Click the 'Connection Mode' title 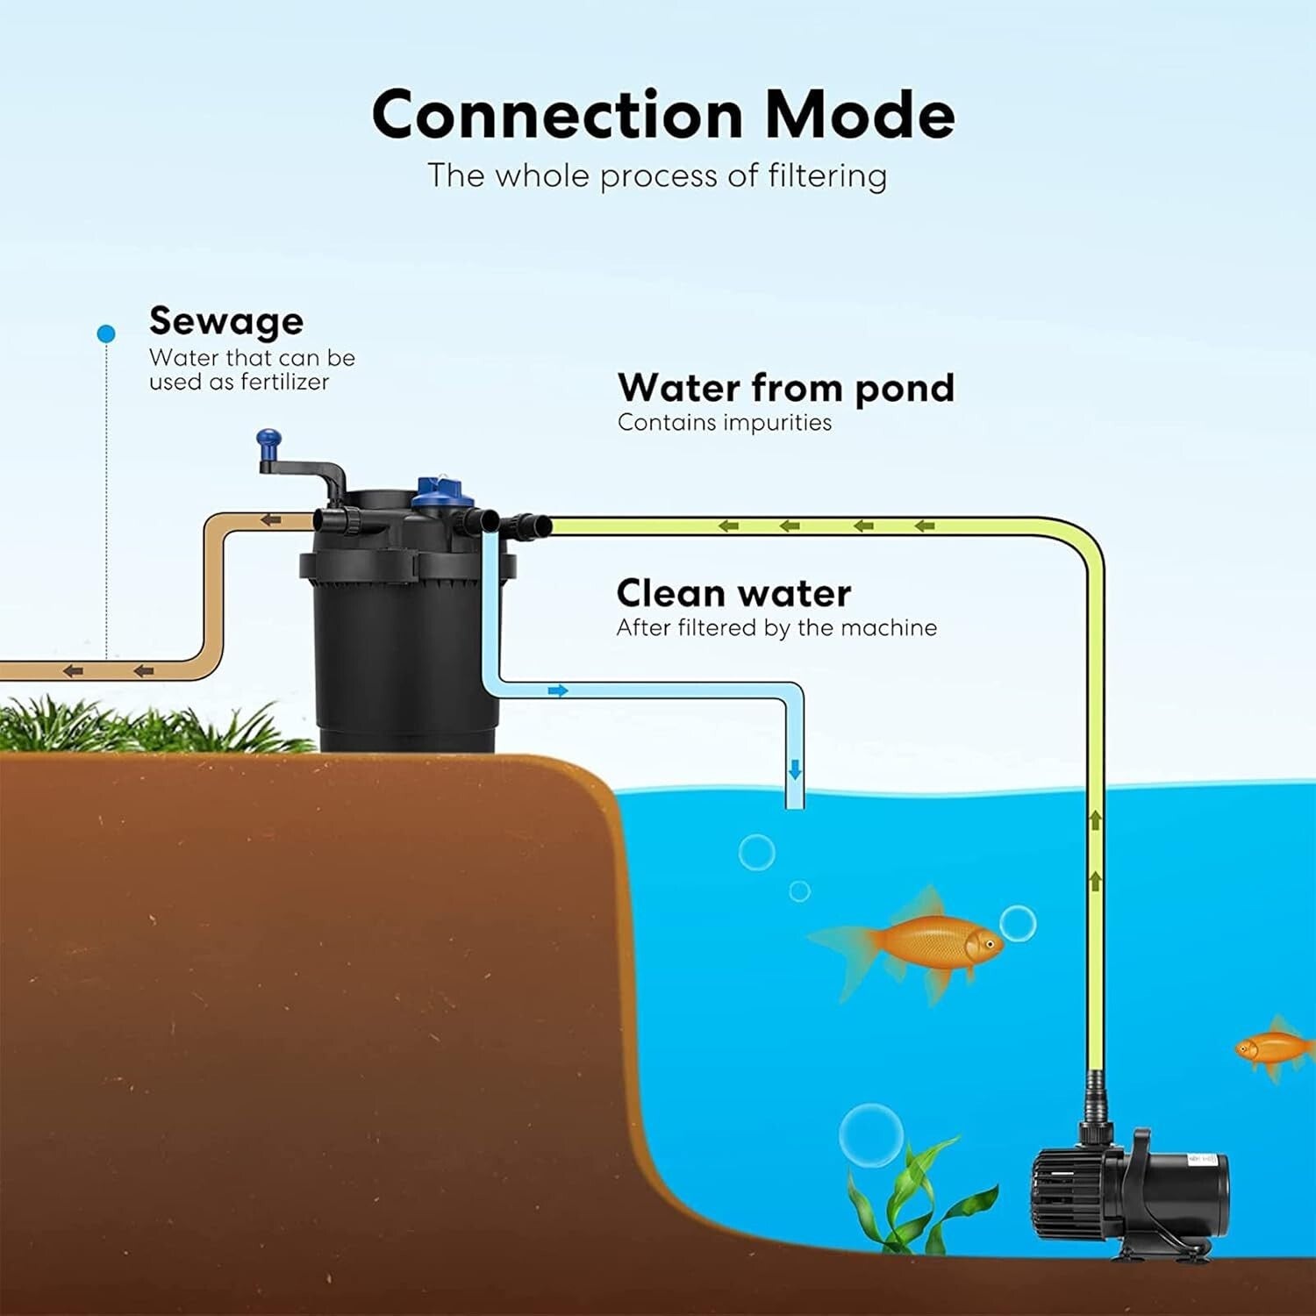(662, 115)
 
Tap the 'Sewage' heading (226, 321)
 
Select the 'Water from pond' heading (785, 388)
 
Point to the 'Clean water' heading (733, 594)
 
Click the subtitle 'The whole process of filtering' (657, 175)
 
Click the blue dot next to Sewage (107, 333)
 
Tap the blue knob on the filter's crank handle (268, 437)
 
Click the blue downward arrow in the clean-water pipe (795, 769)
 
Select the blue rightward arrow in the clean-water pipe (558, 691)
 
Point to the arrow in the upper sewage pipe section (271, 520)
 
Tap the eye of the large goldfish (990, 944)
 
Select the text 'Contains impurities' (725, 423)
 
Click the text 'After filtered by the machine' (776, 628)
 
